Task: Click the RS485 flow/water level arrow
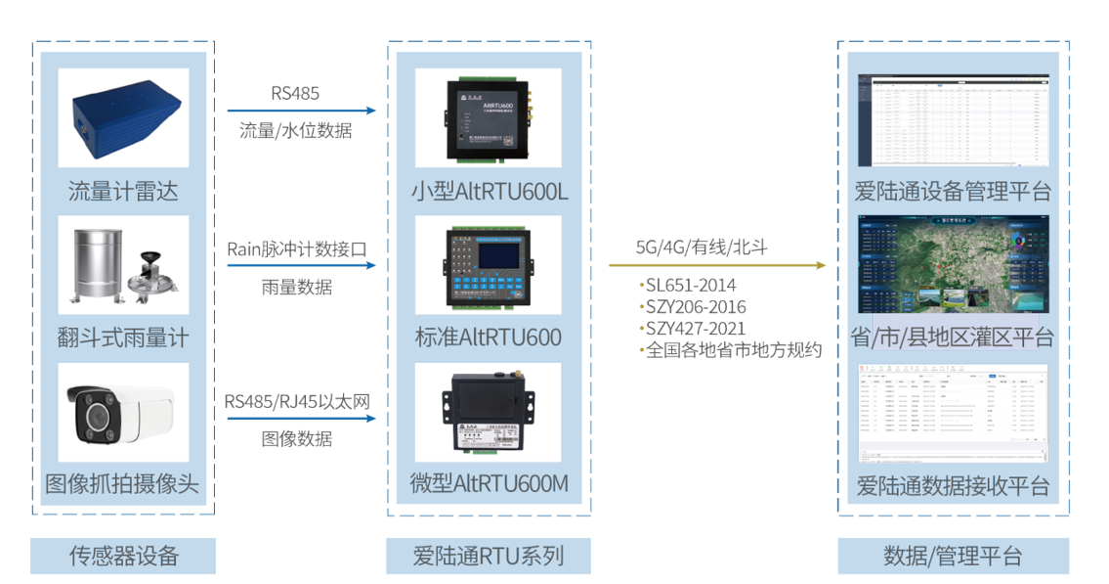click(x=301, y=111)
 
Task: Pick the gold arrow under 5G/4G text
click(x=717, y=265)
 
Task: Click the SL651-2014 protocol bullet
click(x=691, y=286)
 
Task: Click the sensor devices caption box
click(x=123, y=556)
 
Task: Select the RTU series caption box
click(x=489, y=556)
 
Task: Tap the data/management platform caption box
click(x=953, y=556)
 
